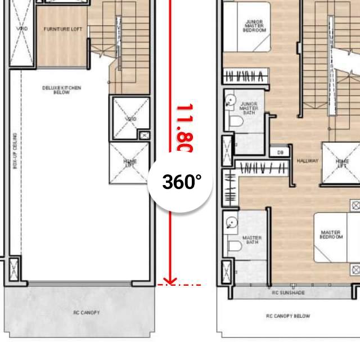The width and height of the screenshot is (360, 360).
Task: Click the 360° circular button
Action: point(180,182)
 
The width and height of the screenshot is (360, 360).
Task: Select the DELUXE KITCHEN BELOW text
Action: point(62,90)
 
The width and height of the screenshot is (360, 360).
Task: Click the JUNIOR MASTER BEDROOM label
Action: point(254,26)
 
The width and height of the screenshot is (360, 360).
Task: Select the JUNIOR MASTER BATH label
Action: point(249,109)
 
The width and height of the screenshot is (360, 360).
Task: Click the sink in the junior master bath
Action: point(231,101)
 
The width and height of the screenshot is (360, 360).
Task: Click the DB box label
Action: point(280,152)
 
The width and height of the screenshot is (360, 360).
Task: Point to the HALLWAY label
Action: point(308,161)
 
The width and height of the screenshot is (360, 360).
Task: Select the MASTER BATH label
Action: point(251,240)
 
